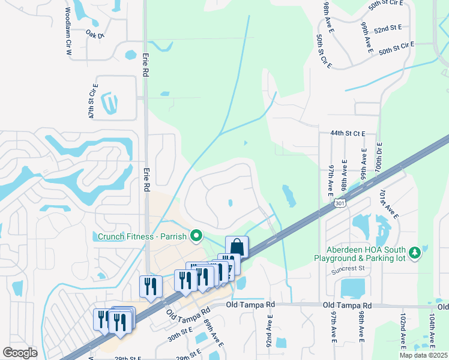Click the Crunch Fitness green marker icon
196,236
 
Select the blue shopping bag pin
237,247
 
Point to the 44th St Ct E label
348,134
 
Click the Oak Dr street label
95,35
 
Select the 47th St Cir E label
93,106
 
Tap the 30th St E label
179,334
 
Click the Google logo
20,353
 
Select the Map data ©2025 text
423,355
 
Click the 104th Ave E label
432,331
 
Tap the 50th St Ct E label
324,51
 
